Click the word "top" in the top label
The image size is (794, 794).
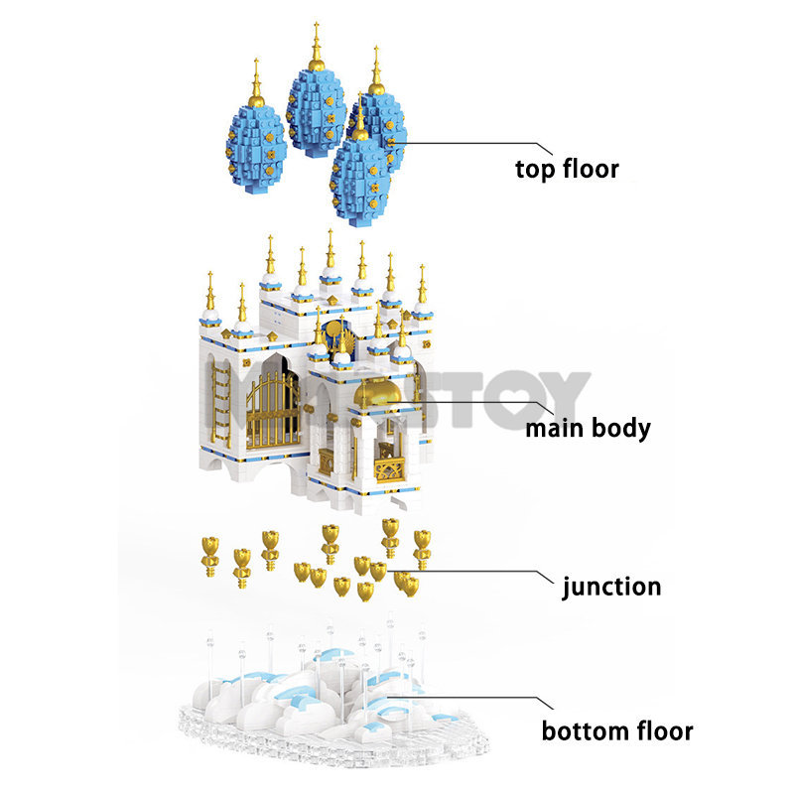click(x=534, y=170)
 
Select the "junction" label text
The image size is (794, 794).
click(x=611, y=587)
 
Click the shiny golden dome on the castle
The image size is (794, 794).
click(x=379, y=393)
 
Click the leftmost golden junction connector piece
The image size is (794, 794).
click(x=209, y=550)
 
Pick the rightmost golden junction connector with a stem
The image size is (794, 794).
click(x=422, y=548)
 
